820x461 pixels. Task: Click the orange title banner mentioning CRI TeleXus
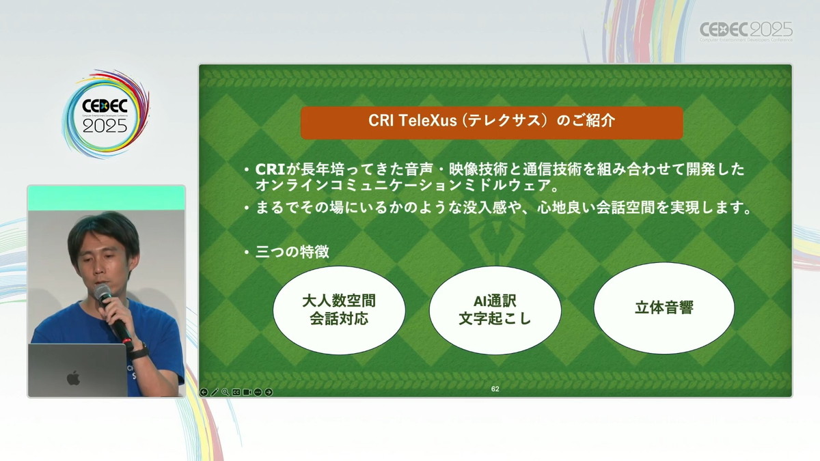[x=491, y=122]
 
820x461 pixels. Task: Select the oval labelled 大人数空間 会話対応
[x=339, y=310]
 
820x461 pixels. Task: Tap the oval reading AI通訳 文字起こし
[x=495, y=310]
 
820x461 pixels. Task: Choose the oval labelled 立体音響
[x=664, y=308]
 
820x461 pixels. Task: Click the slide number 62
[x=495, y=389]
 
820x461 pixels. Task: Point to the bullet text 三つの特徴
[x=292, y=252]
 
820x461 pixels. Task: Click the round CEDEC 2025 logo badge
[x=105, y=115]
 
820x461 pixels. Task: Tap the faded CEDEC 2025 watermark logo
[x=746, y=31]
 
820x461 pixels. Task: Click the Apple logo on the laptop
[x=73, y=378]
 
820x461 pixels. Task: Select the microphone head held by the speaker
[x=102, y=293]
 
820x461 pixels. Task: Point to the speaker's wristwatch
[x=139, y=352]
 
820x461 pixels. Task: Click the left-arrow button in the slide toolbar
[x=204, y=392]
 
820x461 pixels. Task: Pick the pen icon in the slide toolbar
[x=215, y=392]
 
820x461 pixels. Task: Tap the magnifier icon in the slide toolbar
[x=225, y=392]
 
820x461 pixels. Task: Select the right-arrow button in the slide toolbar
[x=269, y=392]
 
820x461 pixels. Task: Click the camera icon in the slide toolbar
[x=247, y=392]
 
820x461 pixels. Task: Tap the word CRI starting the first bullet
[x=270, y=169]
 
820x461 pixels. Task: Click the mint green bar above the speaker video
[x=106, y=198]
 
